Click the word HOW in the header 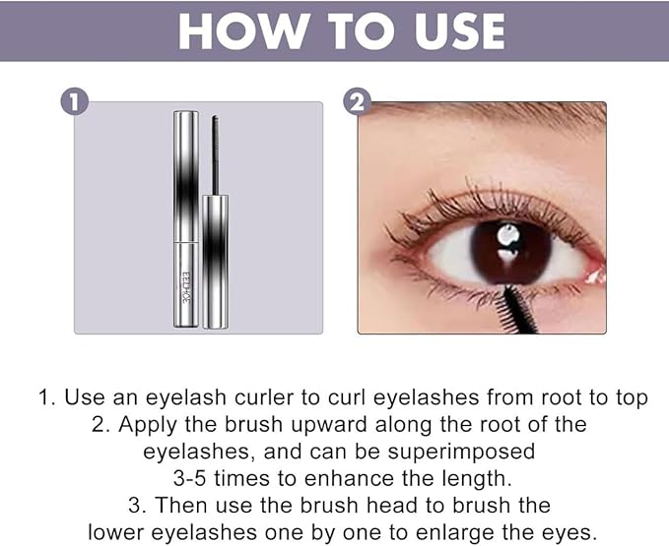click(242, 31)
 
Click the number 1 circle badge click(74, 102)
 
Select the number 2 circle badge click(357, 101)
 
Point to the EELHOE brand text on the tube click(186, 287)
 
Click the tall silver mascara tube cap click(186, 177)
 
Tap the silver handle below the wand click(216, 262)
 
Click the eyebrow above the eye click(491, 111)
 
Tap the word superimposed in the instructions click(461, 452)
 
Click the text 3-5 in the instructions click(190, 478)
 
